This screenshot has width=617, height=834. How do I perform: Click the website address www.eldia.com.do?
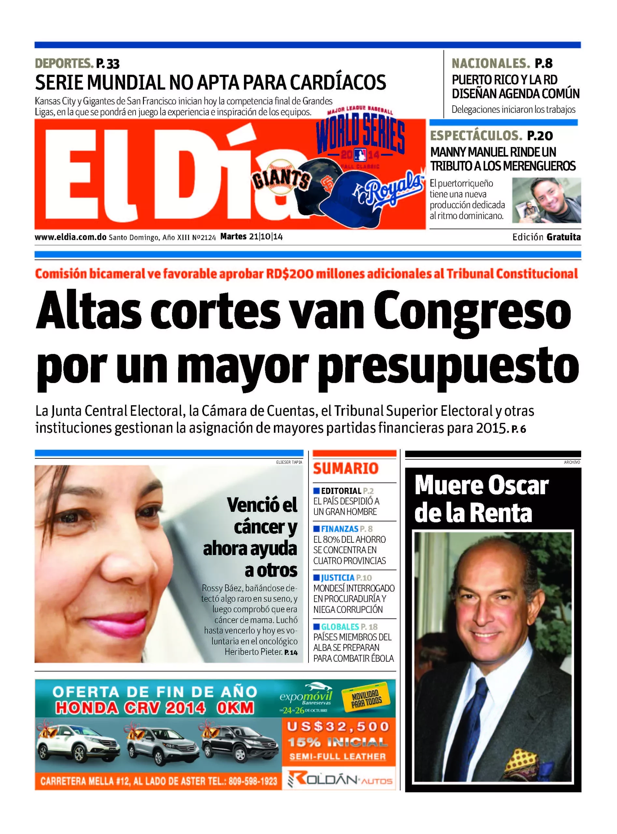tap(71, 237)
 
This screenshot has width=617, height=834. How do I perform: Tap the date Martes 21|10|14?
tap(251, 237)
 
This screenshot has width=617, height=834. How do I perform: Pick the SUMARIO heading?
tap(346, 468)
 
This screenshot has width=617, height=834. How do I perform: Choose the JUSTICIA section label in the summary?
tap(337, 578)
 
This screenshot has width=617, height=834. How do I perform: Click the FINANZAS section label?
tap(339, 529)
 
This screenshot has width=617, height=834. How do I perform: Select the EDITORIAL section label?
tap(341, 491)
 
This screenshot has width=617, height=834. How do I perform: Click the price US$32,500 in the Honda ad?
tap(338, 727)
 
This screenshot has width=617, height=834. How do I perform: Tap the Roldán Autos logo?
tap(340, 780)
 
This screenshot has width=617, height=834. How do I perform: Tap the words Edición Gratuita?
tap(546, 237)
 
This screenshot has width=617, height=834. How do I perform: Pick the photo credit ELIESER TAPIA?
tap(289, 462)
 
